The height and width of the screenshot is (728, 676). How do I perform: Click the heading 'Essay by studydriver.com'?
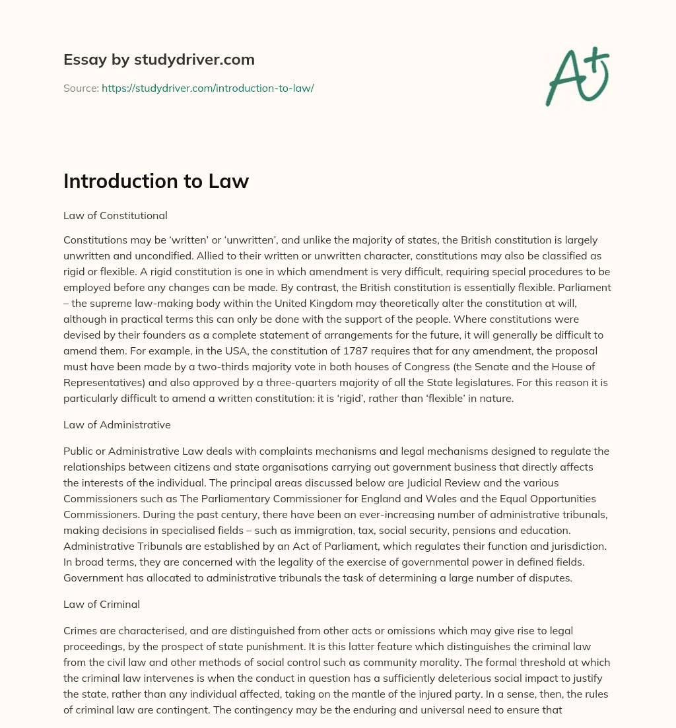pos(158,59)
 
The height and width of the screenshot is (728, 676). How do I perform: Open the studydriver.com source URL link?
pos(207,88)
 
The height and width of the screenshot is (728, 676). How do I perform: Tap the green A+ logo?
pos(576,76)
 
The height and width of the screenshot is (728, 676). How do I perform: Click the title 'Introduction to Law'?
pos(156,182)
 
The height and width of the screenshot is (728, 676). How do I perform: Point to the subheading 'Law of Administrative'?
pos(117,424)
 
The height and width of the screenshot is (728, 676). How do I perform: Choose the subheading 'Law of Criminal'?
pos(102,604)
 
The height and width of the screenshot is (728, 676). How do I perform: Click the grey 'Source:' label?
pos(81,88)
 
